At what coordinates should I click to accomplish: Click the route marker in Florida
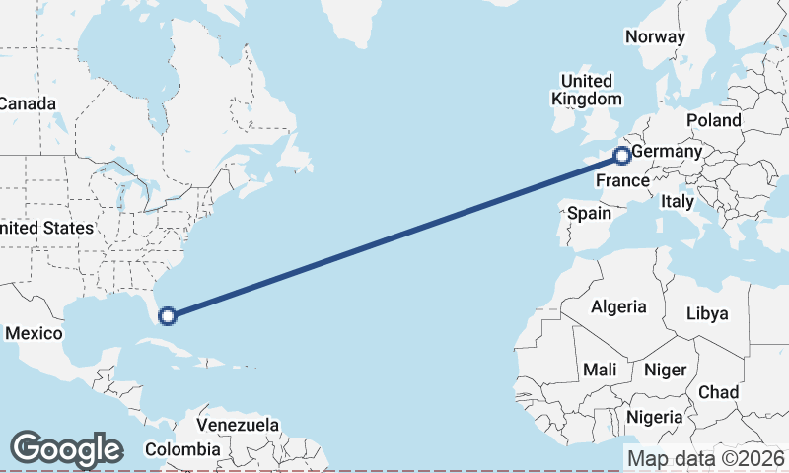(x=168, y=315)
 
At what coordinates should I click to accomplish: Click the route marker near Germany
(x=622, y=155)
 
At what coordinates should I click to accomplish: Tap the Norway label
(x=655, y=36)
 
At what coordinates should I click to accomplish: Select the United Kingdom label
(x=587, y=90)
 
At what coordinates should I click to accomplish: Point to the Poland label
(x=714, y=120)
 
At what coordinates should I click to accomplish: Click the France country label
(x=622, y=181)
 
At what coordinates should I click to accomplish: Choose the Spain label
(x=588, y=213)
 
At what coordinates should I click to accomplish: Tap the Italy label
(x=678, y=201)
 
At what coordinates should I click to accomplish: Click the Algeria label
(x=618, y=306)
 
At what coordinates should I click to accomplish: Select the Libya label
(x=707, y=313)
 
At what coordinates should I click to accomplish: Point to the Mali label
(x=600, y=370)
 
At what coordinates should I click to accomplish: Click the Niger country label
(x=664, y=370)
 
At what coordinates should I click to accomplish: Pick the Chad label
(x=718, y=392)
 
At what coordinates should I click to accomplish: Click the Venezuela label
(x=237, y=425)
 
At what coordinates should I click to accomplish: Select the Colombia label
(x=182, y=449)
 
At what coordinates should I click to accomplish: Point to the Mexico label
(x=34, y=333)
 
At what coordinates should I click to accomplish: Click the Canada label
(x=28, y=103)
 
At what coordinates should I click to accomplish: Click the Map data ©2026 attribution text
(x=706, y=458)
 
